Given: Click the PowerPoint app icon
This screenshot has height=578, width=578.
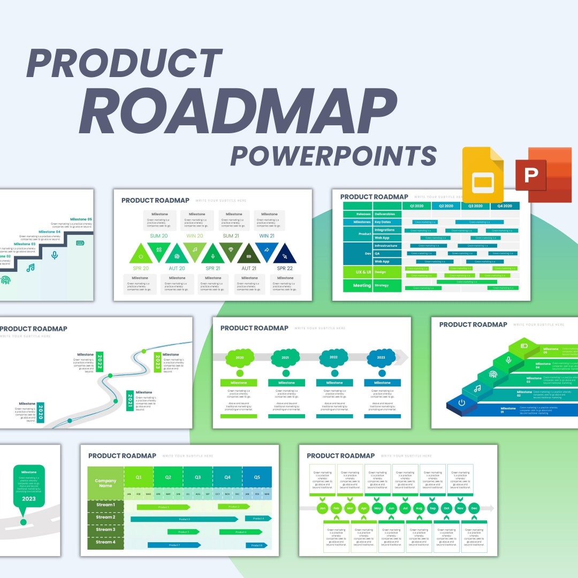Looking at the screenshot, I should (x=543, y=175).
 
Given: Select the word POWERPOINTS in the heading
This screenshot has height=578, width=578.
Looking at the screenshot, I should (x=333, y=156).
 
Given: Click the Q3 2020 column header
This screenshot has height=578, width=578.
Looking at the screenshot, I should (x=475, y=206).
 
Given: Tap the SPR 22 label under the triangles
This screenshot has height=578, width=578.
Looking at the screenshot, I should (x=285, y=268).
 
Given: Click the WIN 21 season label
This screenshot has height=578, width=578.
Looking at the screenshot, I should (x=268, y=236).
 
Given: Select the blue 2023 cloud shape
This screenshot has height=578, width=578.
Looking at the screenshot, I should (x=381, y=358).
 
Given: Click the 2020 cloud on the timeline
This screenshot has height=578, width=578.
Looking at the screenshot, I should (x=239, y=358).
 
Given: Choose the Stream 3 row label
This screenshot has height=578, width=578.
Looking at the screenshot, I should (x=105, y=530).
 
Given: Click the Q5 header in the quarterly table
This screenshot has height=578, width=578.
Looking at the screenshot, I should (x=257, y=477).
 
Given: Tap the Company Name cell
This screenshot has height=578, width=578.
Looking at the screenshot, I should (x=105, y=483).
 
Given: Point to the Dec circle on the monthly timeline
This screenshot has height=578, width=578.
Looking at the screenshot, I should (x=474, y=508).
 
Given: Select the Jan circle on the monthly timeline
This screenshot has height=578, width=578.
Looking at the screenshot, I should (x=322, y=508).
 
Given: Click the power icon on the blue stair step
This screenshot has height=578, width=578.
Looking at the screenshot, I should (x=461, y=402).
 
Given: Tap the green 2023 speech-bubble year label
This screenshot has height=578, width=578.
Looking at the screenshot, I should (x=29, y=499).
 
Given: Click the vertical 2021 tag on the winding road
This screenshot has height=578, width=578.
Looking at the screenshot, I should (x=130, y=400).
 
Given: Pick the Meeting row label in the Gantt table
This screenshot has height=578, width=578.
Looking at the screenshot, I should (x=362, y=286).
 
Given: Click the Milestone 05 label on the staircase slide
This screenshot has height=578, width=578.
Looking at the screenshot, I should (x=81, y=219).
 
